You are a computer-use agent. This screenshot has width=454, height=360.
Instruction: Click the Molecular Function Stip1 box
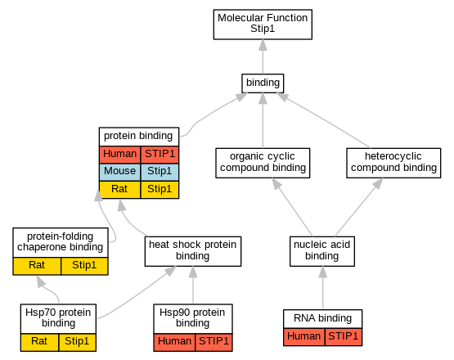pyautogui.click(x=263, y=25)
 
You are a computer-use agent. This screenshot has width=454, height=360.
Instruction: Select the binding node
pyautogui.click(x=263, y=83)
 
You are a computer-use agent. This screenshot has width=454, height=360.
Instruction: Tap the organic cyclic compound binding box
pyautogui.click(x=263, y=163)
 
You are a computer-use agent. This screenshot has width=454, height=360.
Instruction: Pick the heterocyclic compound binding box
pyautogui.click(x=393, y=163)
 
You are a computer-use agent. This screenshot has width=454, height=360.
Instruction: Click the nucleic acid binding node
pyautogui.click(x=322, y=251)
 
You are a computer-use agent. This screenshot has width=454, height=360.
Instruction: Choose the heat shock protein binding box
pyautogui.click(x=193, y=251)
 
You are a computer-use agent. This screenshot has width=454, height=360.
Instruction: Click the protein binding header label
pyautogui.click(x=139, y=136)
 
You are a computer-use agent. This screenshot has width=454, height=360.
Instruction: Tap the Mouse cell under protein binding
pyautogui.click(x=119, y=172)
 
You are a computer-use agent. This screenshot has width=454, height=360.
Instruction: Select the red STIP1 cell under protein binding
pyautogui.click(x=160, y=155)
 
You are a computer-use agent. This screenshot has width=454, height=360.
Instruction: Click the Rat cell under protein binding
pyautogui.click(x=119, y=190)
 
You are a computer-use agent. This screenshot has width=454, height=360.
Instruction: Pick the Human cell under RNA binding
pyautogui.click(x=304, y=337)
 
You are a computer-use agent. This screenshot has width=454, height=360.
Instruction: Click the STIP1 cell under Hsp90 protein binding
pyautogui.click(x=214, y=342)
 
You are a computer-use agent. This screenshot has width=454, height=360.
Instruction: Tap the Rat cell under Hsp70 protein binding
pyautogui.click(x=39, y=342)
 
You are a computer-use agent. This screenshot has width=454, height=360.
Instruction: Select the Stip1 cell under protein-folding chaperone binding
pyautogui.click(x=84, y=266)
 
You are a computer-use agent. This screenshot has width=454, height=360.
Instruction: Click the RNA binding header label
pyautogui.click(x=322, y=319)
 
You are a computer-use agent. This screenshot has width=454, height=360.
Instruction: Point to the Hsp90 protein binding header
pyautogui.click(x=193, y=318)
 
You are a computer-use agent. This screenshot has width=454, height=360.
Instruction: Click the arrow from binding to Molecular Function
pyautogui.click(x=263, y=56)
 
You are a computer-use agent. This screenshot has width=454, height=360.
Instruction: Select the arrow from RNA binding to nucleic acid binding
pyautogui.click(x=322, y=288)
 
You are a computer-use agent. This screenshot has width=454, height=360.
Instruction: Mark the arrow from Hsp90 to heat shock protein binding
pyautogui.click(x=193, y=285)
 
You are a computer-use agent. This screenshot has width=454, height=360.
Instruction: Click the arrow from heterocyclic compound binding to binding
pyautogui.click(x=323, y=120)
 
